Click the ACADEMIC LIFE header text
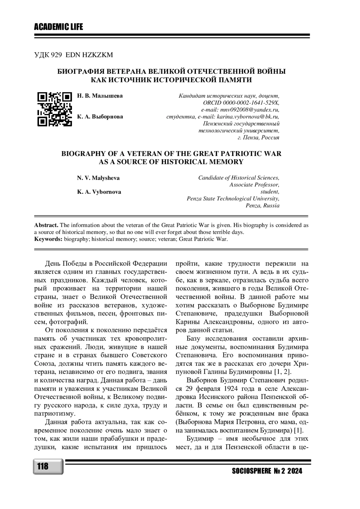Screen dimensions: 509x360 point(58,27)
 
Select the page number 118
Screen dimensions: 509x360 point(43,467)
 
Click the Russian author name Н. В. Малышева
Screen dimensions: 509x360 point(100,96)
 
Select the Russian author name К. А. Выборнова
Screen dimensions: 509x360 point(100,117)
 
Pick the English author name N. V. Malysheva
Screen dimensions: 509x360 point(98,178)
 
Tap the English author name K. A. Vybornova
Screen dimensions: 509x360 point(99,192)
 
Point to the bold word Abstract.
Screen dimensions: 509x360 point(46,225)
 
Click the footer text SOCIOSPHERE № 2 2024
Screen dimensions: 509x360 point(267,471)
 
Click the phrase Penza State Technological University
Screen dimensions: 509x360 point(233,199)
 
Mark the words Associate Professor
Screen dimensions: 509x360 point(254,185)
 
